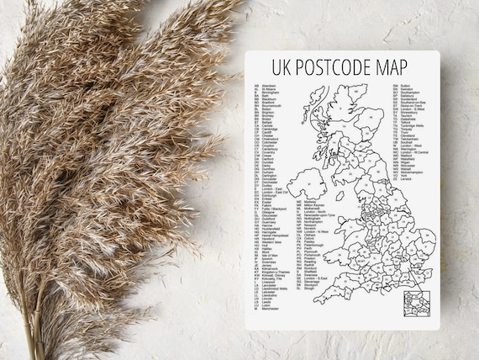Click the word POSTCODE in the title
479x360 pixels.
point(338,66)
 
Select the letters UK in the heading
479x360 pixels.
point(282,66)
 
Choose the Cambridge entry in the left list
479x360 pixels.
point(271,124)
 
